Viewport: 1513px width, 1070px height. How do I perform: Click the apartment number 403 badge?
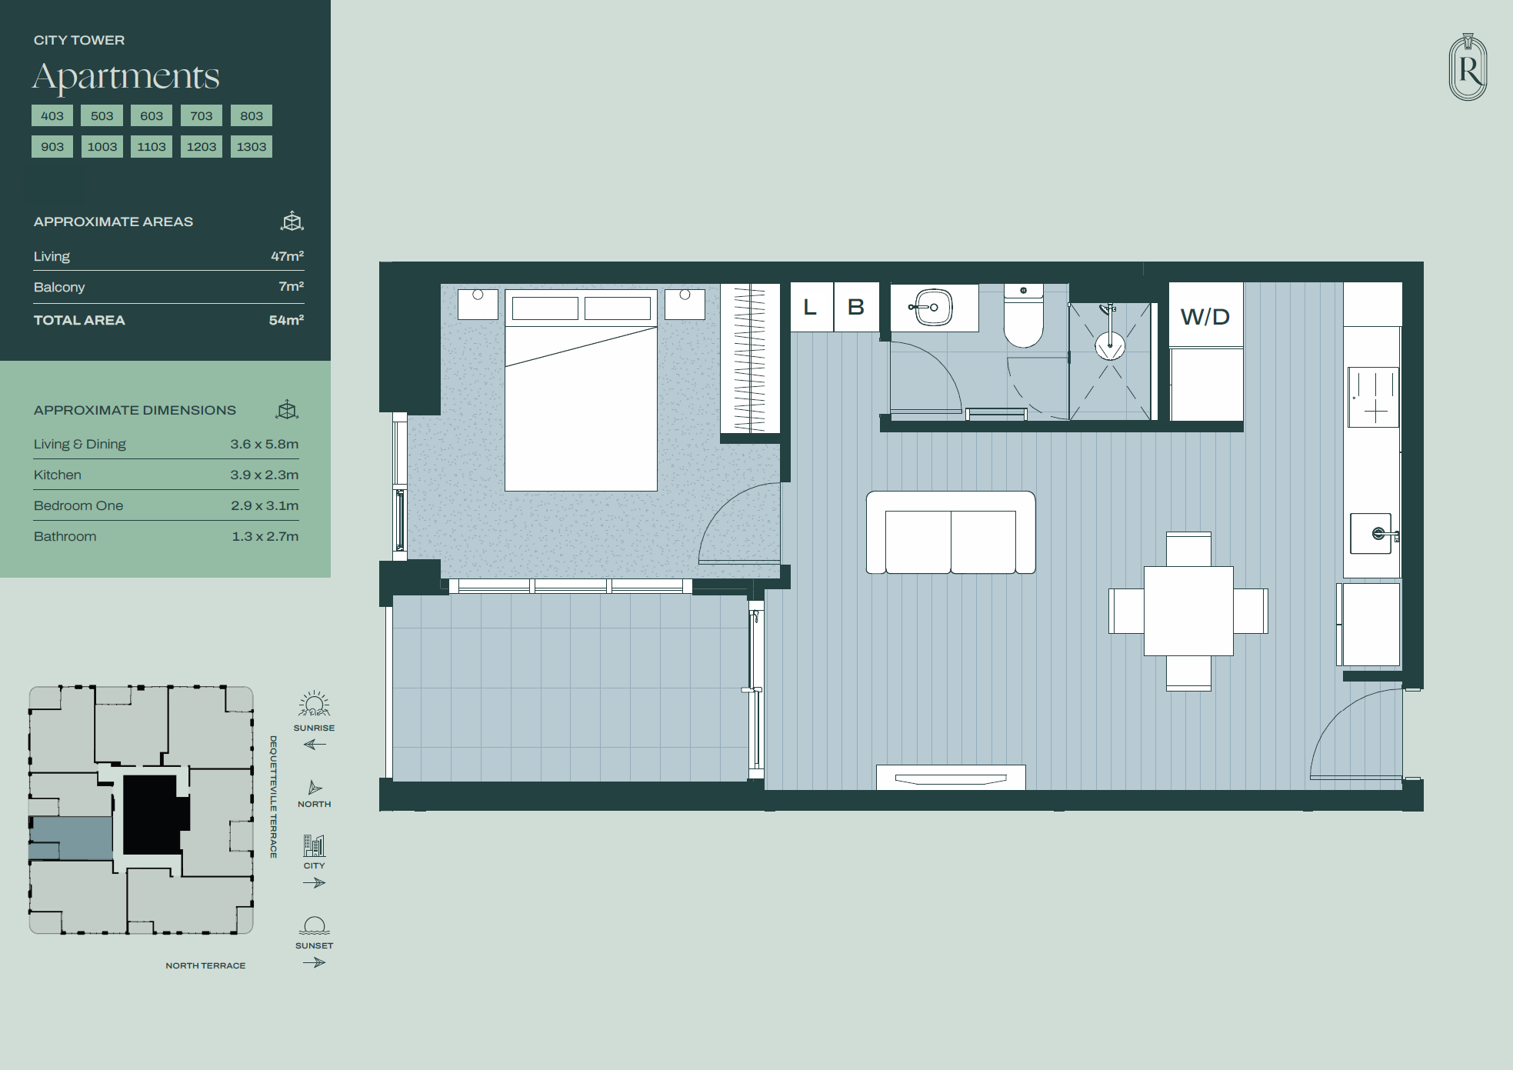point(52,116)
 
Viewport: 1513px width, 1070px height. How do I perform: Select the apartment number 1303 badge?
point(252,147)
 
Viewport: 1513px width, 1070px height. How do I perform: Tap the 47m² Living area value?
point(287,256)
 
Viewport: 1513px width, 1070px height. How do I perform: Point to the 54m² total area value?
point(286,320)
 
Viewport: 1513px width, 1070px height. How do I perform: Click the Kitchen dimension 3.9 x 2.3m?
point(265,475)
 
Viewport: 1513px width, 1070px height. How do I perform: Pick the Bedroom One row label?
point(78,505)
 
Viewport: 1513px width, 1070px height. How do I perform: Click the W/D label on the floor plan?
point(1205,316)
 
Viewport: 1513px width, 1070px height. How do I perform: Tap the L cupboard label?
point(810,307)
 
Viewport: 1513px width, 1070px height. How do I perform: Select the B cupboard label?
point(856,307)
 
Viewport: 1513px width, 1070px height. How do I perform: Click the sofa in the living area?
point(951,532)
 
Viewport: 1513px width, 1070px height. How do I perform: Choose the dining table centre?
point(1188,611)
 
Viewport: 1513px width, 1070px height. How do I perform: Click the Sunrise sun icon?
point(314,705)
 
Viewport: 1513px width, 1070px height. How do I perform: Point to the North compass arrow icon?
point(315,788)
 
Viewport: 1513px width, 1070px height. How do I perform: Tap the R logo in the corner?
point(1468,67)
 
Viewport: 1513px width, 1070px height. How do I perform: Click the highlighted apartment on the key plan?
point(72,838)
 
